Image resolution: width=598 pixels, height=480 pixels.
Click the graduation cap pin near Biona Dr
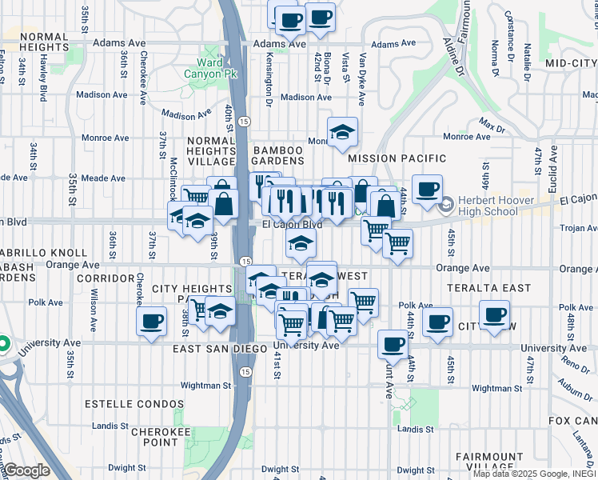[342, 131]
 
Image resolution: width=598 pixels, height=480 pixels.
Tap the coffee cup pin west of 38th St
[151, 322]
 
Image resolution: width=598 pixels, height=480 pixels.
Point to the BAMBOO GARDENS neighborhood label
[278, 157]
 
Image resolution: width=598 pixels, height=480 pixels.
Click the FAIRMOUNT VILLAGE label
[488, 462]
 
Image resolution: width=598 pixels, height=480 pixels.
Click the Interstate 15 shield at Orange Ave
[245, 262]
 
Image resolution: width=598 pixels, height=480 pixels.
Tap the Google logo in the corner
[27, 470]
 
